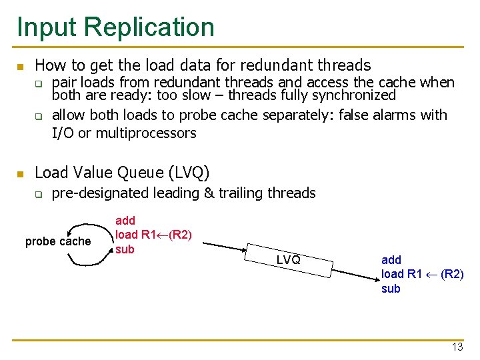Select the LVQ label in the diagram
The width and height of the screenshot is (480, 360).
pos(288,260)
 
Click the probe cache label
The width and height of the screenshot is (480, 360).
pos(58,241)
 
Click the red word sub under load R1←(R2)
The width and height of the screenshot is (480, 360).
pos(125,250)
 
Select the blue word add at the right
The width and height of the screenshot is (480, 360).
pos(391,259)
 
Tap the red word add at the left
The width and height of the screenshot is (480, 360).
pos(125,220)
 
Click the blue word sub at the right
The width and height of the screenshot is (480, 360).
pos(391,289)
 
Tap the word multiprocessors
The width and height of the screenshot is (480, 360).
pos(147,133)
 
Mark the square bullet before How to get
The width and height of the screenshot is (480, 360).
pos(21,67)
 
